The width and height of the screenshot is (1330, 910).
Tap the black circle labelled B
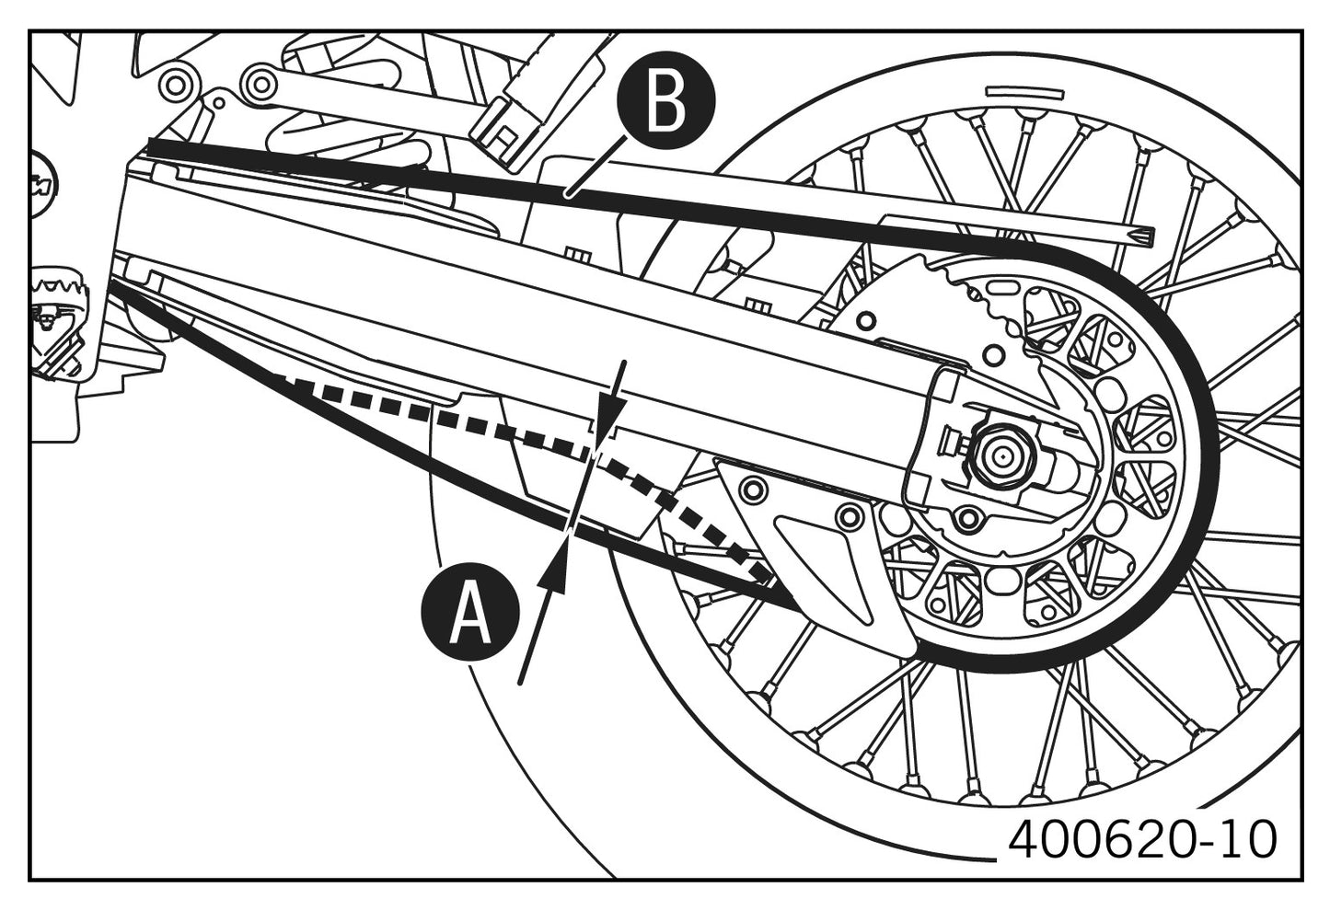pos(666,102)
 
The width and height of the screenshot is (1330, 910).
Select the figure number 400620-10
pos(1143,839)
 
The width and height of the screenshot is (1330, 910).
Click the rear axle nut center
pos(998,454)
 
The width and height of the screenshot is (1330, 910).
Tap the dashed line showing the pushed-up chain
pos(515,432)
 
